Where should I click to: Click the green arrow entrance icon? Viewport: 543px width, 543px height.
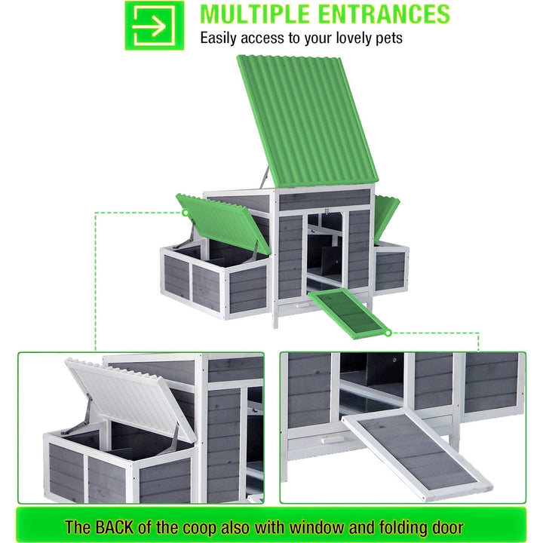point(155,26)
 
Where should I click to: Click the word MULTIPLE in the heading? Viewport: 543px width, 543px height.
point(255,14)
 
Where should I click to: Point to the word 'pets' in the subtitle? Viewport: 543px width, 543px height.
point(389,38)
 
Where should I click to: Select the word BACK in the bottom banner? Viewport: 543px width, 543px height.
point(115,526)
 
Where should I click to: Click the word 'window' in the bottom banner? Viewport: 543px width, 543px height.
point(317,526)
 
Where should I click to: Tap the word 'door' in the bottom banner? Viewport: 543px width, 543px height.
point(446,526)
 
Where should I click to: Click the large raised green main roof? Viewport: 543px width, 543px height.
point(308,121)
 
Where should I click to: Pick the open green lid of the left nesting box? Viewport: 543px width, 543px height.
point(223,223)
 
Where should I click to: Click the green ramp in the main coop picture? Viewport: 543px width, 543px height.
point(348,313)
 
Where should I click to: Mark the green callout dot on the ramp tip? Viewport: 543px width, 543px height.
point(388,333)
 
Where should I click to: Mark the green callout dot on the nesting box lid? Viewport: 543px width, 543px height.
point(186,213)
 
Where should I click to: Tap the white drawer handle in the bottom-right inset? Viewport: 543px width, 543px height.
point(333,440)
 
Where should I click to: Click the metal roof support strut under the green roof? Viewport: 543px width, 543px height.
point(265,177)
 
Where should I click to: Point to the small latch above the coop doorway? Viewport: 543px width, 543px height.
point(327,211)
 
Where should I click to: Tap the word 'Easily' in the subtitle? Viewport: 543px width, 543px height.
point(219,38)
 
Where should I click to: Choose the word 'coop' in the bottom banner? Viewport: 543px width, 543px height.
point(199,528)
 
